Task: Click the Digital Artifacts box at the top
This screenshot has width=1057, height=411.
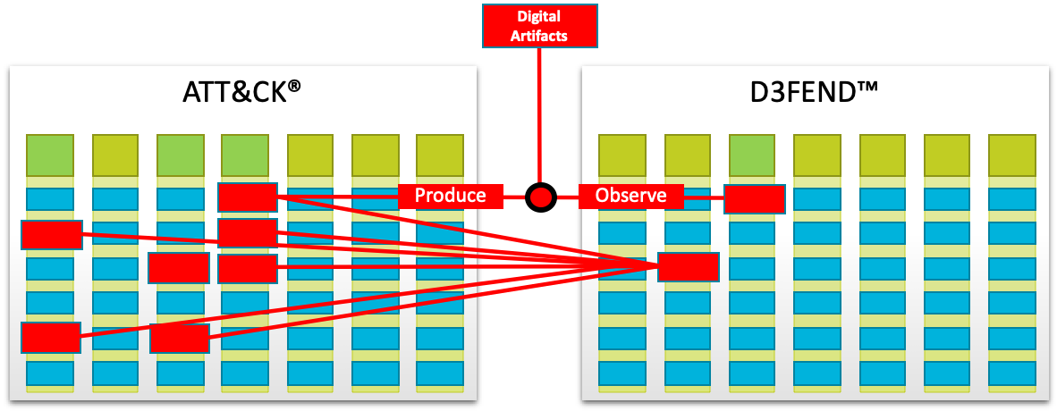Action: click(540, 25)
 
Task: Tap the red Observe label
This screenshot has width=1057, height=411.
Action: click(630, 196)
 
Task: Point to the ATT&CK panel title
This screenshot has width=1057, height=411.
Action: click(234, 94)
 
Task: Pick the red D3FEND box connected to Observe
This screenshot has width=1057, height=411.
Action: click(754, 198)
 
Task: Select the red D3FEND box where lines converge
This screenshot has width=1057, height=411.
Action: click(688, 266)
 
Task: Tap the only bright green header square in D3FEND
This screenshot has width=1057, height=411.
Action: click(752, 155)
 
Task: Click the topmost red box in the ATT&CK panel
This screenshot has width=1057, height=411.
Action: click(247, 197)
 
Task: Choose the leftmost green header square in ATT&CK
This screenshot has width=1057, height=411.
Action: click(49, 155)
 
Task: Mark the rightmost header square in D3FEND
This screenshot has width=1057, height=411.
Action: click(1011, 155)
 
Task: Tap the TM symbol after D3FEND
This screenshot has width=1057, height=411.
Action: click(867, 88)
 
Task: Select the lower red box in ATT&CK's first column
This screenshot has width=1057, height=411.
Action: click(51, 338)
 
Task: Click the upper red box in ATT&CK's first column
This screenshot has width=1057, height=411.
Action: click(52, 235)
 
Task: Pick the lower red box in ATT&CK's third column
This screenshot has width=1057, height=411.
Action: click(180, 338)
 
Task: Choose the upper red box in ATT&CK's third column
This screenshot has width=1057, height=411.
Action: click(179, 267)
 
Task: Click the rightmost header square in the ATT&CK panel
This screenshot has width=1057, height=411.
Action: click(440, 155)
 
